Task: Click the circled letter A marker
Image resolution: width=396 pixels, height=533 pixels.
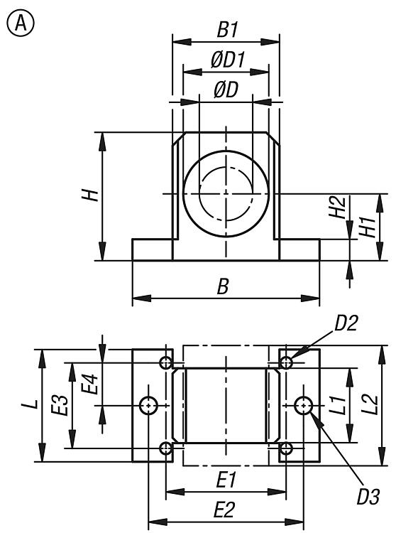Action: pyautogui.click(x=21, y=23)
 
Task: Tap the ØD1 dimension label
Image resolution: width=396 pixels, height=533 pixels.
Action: pyautogui.click(x=228, y=60)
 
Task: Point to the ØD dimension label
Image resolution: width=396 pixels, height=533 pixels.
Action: pyautogui.click(x=226, y=90)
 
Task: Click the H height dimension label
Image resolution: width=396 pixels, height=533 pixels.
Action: pyautogui.click(x=90, y=195)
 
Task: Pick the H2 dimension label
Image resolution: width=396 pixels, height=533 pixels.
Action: pyautogui.click(x=337, y=207)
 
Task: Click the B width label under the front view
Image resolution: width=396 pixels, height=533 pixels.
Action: pyautogui.click(x=223, y=286)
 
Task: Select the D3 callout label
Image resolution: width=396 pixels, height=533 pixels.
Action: pyautogui.click(x=368, y=497)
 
